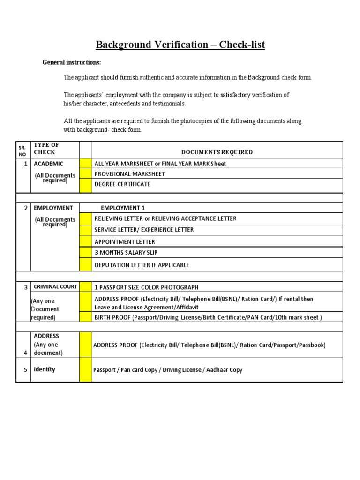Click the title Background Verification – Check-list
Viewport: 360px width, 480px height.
tap(180, 45)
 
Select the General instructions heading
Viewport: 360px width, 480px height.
tap(72, 62)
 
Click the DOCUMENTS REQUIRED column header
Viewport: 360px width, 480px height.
tap(217, 152)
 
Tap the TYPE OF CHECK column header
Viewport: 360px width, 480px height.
tap(46, 149)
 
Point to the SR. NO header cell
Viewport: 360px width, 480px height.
tap(22, 150)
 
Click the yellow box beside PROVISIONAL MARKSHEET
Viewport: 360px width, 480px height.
tap(85, 174)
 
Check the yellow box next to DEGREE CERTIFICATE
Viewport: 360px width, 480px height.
tap(85, 185)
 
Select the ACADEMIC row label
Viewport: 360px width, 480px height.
tap(48, 164)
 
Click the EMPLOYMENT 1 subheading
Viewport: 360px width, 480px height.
tap(120, 208)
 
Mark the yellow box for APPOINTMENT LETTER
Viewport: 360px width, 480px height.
tap(85, 241)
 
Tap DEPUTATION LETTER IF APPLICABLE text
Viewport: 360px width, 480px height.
tap(142, 265)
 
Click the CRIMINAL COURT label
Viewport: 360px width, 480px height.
tap(55, 286)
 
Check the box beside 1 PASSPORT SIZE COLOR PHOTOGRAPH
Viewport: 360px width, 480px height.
tap(85, 287)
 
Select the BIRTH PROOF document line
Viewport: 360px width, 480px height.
tap(208, 317)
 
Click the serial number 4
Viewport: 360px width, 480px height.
tap(25, 352)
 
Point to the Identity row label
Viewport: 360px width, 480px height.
tap(45, 369)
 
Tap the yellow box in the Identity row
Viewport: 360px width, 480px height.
tap(85, 370)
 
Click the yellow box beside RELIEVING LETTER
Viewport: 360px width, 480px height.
tap(85, 218)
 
